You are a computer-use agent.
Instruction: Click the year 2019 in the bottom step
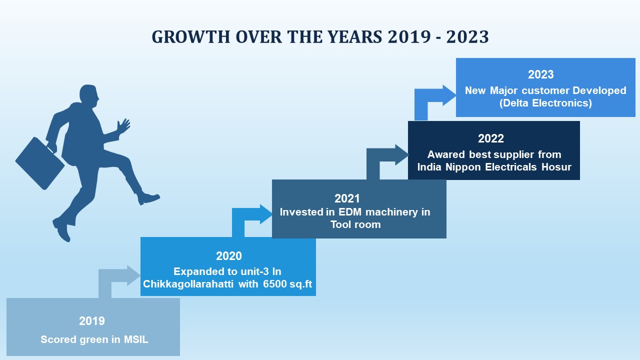point(91,321)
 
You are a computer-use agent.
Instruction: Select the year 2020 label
point(229,255)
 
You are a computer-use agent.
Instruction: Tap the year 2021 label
point(347,198)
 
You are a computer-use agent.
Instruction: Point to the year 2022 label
point(491,138)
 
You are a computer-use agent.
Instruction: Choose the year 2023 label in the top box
point(541,74)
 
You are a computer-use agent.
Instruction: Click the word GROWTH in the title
point(190,37)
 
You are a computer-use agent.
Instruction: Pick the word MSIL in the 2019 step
point(136,339)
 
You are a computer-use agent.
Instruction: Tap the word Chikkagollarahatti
point(188,284)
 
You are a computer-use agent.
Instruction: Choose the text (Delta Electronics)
point(545,103)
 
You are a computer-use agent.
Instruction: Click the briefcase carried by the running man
point(40,163)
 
